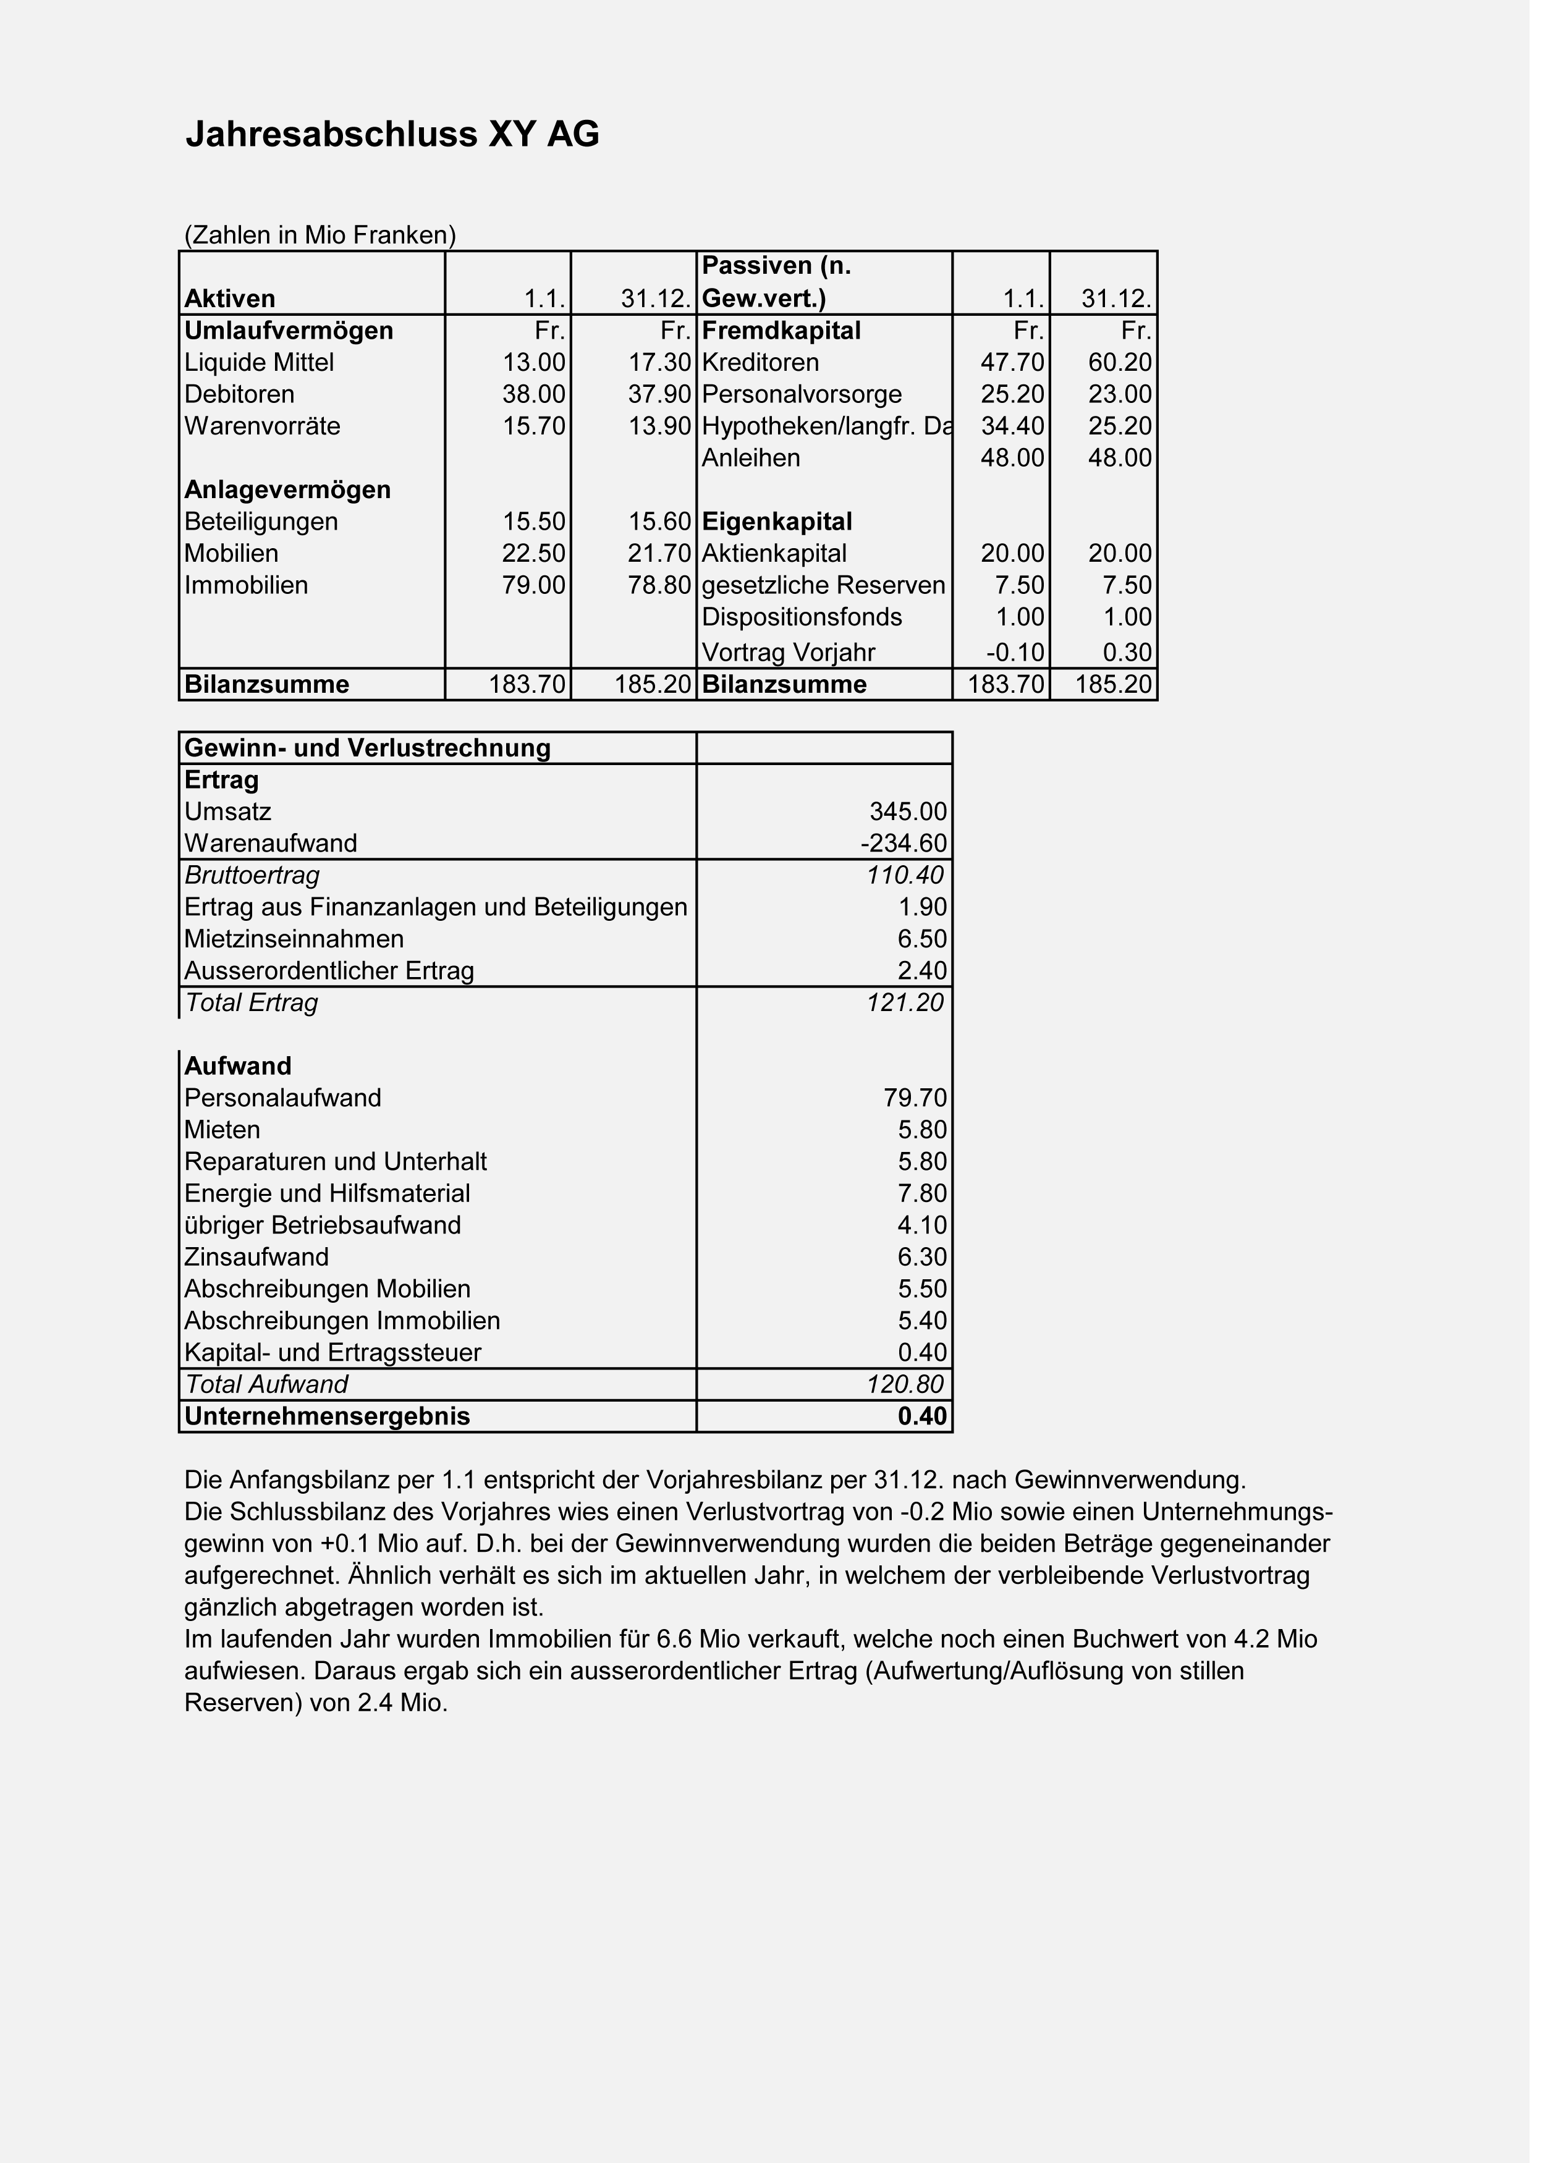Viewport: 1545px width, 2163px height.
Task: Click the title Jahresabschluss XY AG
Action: click(396, 135)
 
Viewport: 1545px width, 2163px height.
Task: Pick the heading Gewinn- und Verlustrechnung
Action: click(371, 755)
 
